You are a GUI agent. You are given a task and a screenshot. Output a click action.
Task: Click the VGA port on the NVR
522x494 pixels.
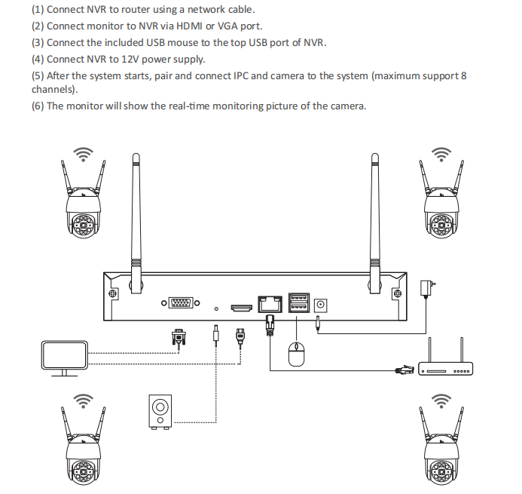point(181,303)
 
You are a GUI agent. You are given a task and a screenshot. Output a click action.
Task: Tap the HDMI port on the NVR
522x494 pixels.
point(242,308)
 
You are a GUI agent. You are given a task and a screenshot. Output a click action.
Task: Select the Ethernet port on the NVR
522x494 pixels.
point(270,304)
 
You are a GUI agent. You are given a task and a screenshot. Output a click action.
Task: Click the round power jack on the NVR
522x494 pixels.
point(321,305)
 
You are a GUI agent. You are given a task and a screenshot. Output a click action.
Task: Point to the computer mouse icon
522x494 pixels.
point(296,354)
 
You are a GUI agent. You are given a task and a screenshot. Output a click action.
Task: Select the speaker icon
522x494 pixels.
point(160,412)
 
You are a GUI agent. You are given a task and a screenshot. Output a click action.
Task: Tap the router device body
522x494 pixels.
point(445,369)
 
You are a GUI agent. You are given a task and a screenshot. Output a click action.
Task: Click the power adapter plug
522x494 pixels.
point(427,288)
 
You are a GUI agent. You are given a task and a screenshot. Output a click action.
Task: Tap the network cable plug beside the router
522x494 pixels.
point(404,370)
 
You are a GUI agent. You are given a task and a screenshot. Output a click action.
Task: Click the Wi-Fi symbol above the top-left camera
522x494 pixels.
point(84,154)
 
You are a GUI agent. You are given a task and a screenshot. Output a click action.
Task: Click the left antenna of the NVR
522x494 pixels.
point(136,223)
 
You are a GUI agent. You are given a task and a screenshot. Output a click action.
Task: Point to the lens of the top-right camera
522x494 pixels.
point(441,226)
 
